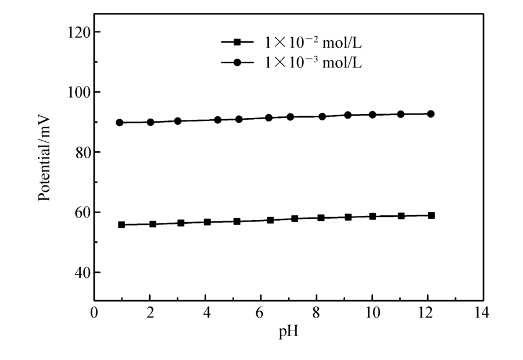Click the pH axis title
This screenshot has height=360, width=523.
[x=289, y=334]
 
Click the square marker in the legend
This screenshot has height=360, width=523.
[x=237, y=42]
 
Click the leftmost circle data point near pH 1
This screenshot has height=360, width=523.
[x=120, y=123]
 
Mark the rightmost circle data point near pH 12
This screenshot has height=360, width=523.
[x=431, y=114]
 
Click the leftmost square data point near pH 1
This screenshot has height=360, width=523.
[x=121, y=224]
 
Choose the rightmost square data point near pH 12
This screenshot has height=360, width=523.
[x=431, y=215]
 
